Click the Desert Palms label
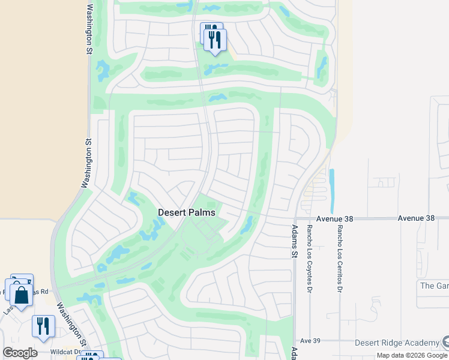(x=186, y=212)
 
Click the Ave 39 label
(x=310, y=340)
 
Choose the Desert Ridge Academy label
(x=396, y=343)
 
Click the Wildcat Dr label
(x=65, y=352)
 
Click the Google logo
(x=20, y=353)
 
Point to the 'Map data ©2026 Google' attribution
(x=412, y=355)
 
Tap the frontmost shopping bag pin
(x=21, y=295)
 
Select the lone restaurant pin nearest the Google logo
(x=43, y=326)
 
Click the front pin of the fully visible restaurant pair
(x=215, y=40)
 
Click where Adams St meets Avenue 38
(x=295, y=219)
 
